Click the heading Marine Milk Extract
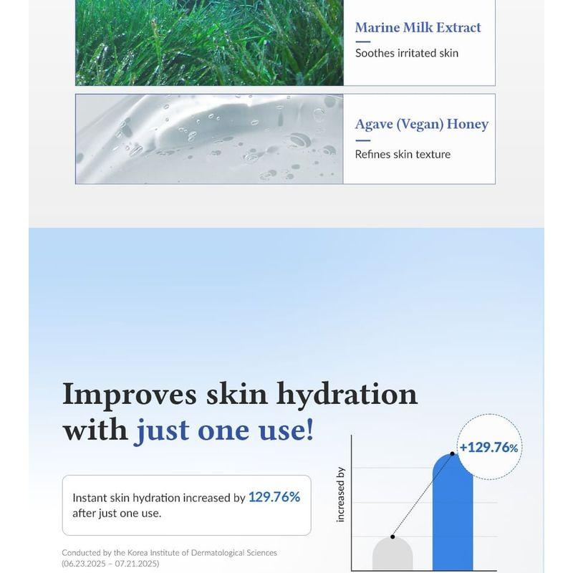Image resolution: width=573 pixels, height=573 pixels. tap(418, 28)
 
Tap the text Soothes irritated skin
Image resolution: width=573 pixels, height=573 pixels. tap(406, 53)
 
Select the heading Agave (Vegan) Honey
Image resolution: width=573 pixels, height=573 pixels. tap(421, 124)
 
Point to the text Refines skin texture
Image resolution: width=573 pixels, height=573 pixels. tap(403, 154)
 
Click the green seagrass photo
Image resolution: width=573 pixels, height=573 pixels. tap(209, 43)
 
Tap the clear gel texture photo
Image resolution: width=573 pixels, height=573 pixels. tap(209, 139)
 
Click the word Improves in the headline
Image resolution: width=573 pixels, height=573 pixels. tap(129, 394)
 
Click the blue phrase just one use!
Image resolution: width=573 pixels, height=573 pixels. tap(224, 431)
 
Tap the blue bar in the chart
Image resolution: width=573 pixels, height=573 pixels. tap(453, 516)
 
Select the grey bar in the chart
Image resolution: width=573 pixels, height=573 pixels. tap(393, 555)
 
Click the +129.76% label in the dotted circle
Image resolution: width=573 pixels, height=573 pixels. tap(488, 448)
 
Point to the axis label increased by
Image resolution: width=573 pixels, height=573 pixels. tap(341, 494)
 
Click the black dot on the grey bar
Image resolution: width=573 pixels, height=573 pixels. tap(393, 536)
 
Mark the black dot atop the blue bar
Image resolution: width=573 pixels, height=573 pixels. tap(453, 454)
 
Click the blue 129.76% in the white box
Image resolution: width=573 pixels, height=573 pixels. tap(274, 497)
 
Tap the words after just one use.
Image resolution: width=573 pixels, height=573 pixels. tap(117, 514)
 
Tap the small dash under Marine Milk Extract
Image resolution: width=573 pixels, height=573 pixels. tap(362, 42)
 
